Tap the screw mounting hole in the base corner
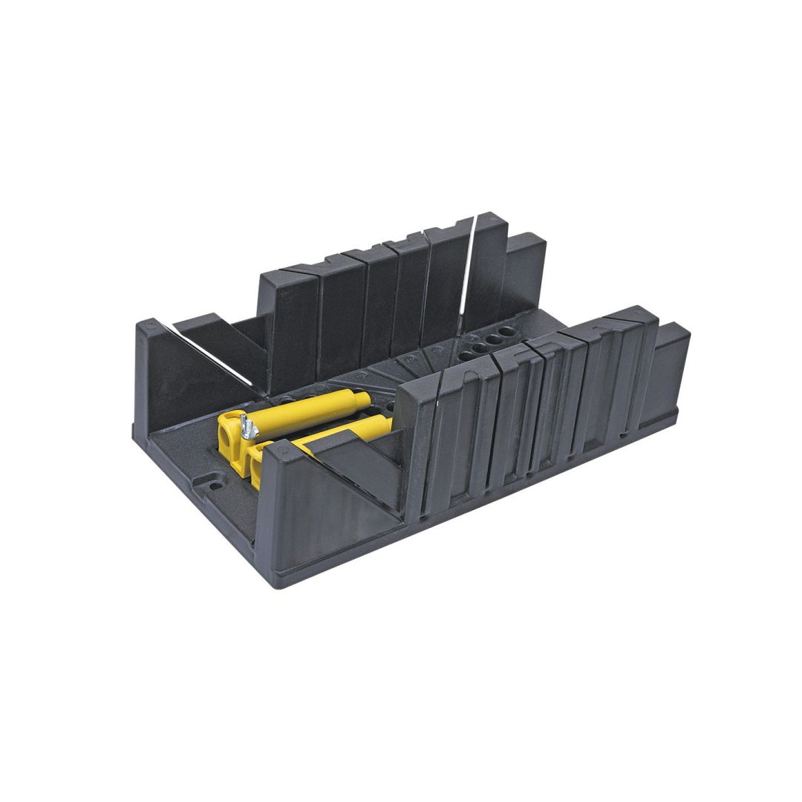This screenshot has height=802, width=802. coord(214,484)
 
